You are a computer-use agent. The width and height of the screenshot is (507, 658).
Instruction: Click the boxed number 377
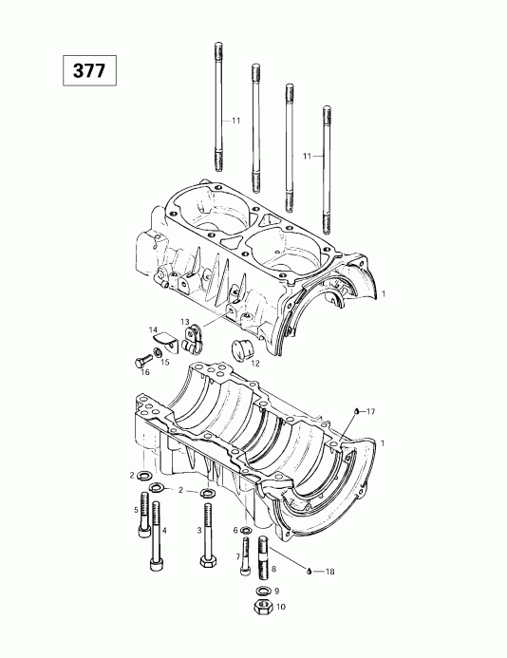[92, 70]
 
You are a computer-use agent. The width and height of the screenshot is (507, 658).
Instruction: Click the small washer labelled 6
[246, 530]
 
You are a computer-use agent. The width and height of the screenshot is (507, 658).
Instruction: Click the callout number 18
[330, 571]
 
